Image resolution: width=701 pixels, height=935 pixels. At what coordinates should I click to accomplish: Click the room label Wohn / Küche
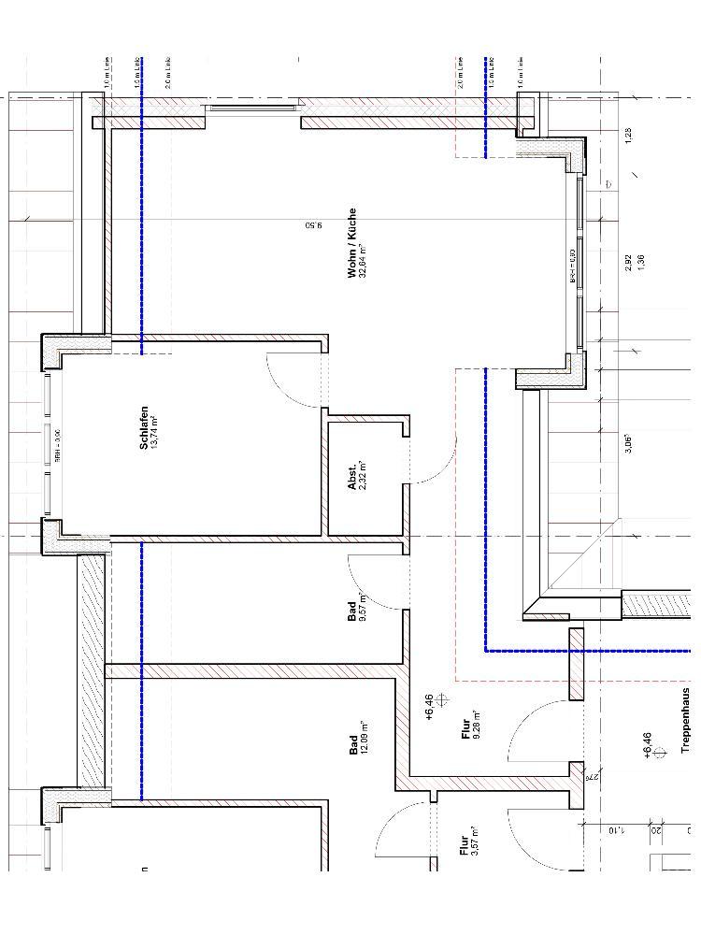tap(351, 242)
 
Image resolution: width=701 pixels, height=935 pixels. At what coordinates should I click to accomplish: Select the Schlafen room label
tap(144, 427)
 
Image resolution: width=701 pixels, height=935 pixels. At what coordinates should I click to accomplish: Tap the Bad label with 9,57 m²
tap(352, 611)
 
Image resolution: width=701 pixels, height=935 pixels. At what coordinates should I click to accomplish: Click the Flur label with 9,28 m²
tap(465, 728)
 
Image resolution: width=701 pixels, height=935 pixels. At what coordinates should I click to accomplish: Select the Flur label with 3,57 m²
tap(463, 846)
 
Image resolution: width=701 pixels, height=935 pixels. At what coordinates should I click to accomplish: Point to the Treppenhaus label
tap(685, 721)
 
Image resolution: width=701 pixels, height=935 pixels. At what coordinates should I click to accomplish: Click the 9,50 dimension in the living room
tap(313, 225)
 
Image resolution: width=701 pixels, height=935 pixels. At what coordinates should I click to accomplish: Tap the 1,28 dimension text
tap(629, 135)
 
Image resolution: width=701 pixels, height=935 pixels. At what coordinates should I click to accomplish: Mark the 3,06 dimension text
tap(629, 443)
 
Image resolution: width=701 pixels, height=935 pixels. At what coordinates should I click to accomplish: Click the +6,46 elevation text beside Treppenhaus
tap(648, 744)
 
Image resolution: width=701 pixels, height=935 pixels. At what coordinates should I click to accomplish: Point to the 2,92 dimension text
tap(629, 263)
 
